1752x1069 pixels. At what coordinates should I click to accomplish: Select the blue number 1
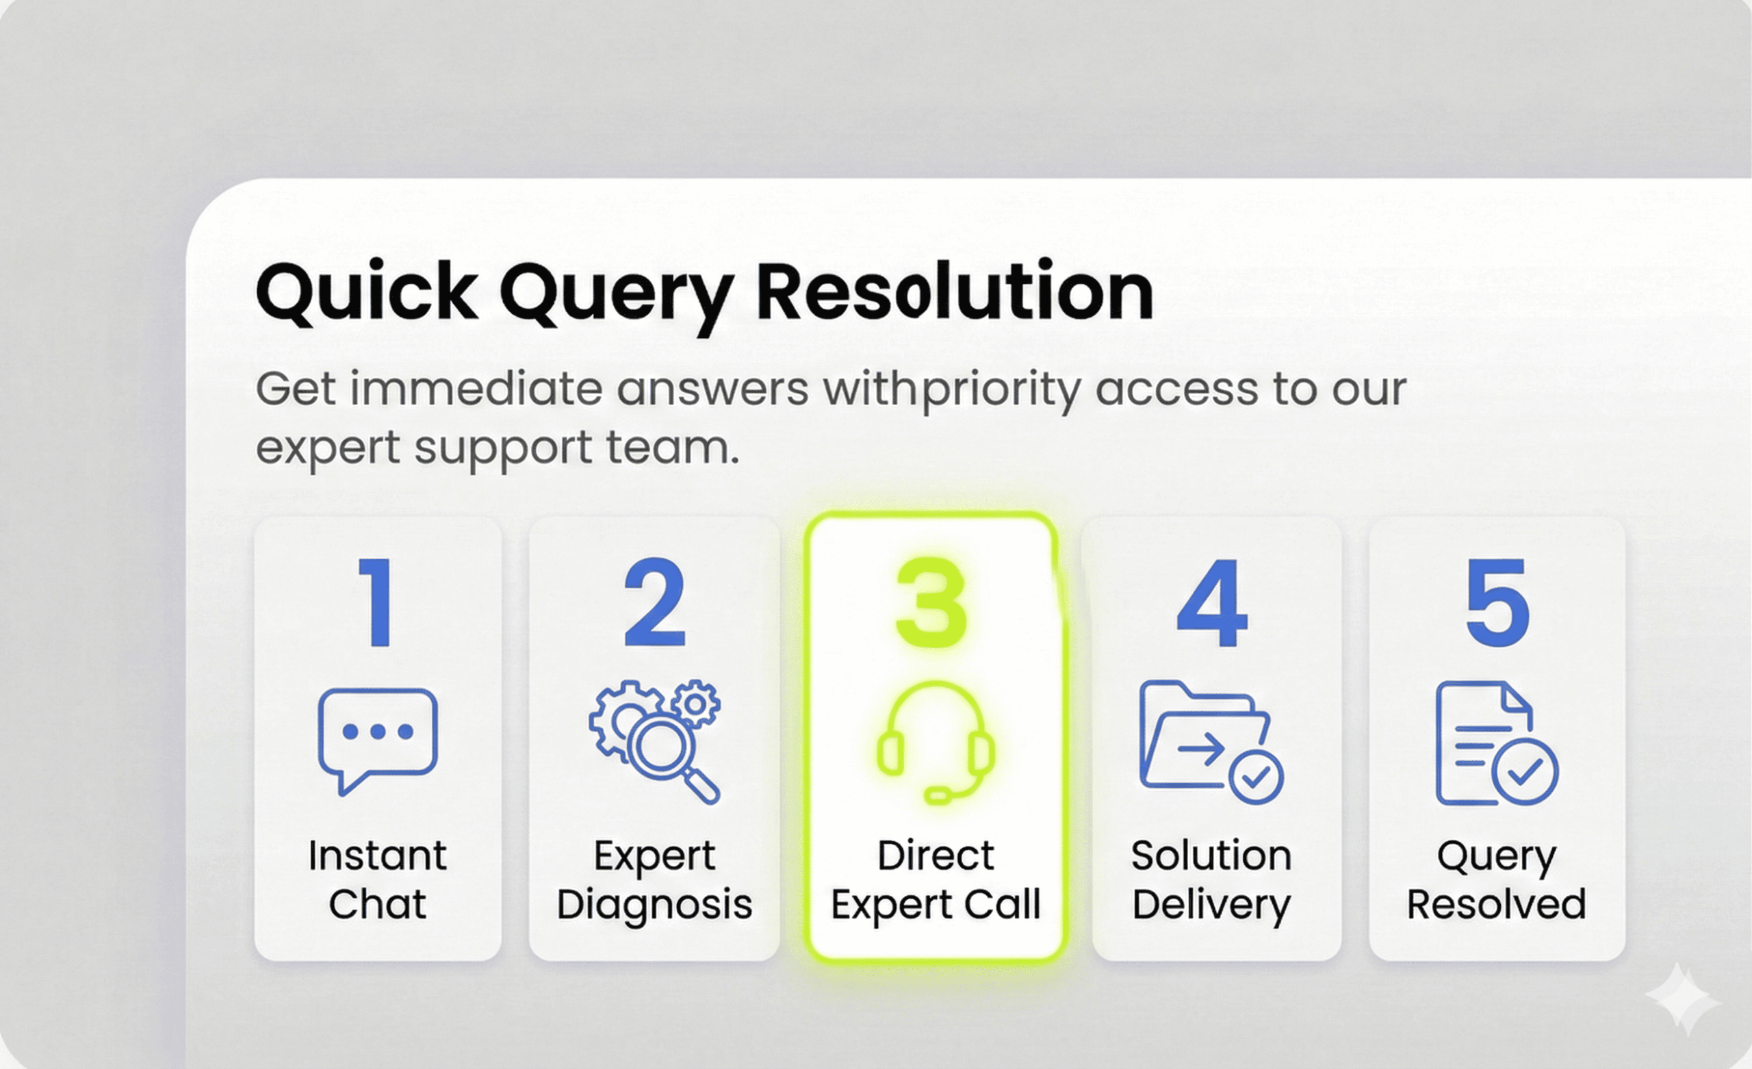click(377, 602)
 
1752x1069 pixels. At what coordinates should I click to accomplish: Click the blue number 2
click(655, 602)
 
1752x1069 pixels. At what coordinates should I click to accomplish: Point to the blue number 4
click(1212, 602)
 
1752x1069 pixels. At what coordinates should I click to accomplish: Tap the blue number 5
click(1497, 602)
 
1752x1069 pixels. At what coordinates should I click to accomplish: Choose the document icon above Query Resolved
click(1497, 743)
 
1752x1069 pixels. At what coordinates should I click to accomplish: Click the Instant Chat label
click(378, 880)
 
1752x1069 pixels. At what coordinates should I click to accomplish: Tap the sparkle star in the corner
click(1683, 999)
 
